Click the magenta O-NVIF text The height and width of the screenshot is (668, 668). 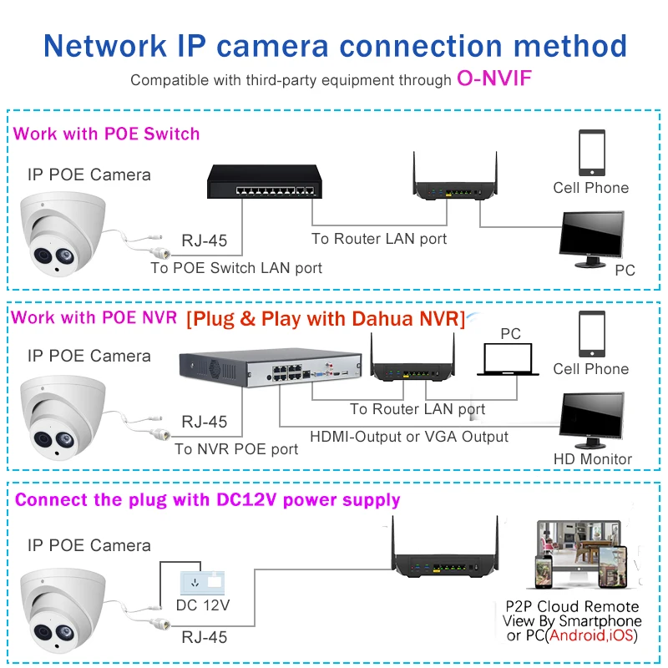[x=494, y=78]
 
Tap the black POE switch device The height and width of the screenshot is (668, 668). [x=264, y=181]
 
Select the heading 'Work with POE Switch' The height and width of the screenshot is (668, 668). [x=107, y=134]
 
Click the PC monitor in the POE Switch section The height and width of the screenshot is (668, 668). [x=592, y=239]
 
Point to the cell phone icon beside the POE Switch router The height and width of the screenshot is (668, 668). [x=592, y=153]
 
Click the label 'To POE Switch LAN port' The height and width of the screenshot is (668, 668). [x=236, y=268]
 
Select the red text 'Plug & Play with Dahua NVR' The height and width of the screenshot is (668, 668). [x=326, y=319]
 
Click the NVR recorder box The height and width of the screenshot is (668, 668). [x=271, y=367]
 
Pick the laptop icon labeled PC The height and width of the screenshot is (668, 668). [x=508, y=360]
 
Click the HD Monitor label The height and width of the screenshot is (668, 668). [x=593, y=458]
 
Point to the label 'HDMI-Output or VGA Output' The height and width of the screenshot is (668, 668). [x=409, y=437]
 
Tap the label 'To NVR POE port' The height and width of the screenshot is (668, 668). [x=236, y=449]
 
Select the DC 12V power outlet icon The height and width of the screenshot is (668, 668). [x=202, y=583]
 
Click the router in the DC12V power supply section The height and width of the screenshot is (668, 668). [x=445, y=549]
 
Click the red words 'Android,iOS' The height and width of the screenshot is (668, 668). [x=591, y=635]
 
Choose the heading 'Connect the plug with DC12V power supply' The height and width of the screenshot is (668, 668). [x=207, y=499]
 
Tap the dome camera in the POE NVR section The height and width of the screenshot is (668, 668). [x=63, y=417]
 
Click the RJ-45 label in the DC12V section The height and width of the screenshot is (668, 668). [x=205, y=637]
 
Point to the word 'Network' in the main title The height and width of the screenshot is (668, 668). [x=105, y=46]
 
